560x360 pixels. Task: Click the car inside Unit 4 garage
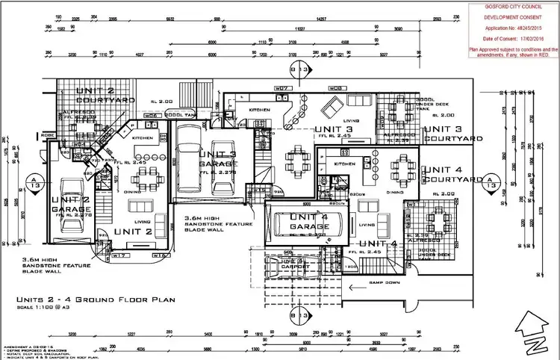(x=308, y=226)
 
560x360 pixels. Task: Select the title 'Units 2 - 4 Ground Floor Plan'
(x=95, y=300)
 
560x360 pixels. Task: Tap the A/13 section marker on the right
(x=490, y=181)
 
